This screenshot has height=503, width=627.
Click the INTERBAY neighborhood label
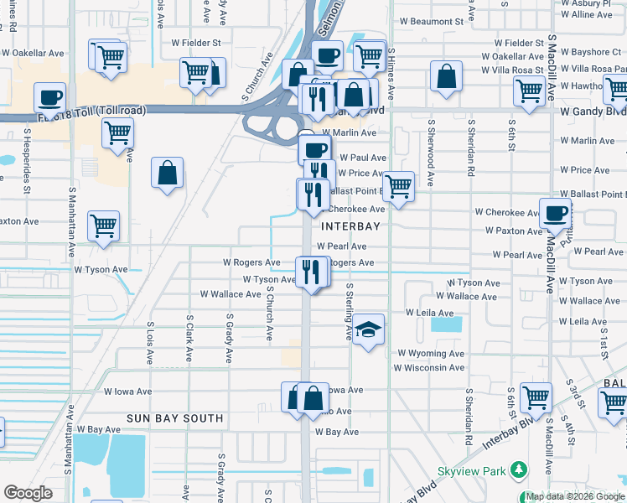[x=350, y=226]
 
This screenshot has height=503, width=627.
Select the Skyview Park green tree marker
[x=520, y=471]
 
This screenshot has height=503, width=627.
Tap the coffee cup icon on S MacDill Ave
[x=555, y=214]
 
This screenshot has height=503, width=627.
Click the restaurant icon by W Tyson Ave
[x=311, y=271]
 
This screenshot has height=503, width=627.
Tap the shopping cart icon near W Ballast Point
[x=399, y=185]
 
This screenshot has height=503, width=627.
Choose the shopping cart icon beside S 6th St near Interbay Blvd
[x=535, y=396]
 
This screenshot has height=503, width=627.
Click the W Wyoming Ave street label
[x=431, y=354]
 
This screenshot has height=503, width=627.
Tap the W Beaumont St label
[x=431, y=21]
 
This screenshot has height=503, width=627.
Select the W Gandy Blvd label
[x=593, y=111]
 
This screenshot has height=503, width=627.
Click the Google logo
[x=28, y=493]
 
